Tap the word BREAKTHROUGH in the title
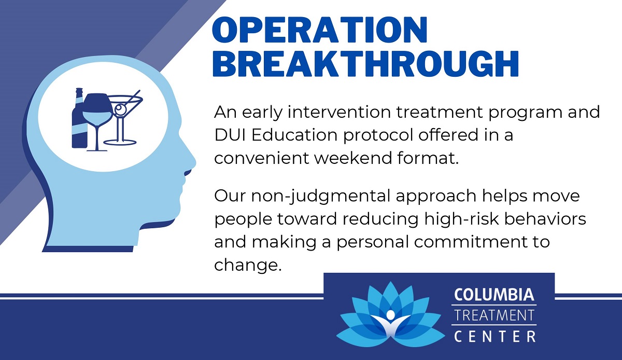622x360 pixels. [366, 64]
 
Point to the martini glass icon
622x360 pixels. [122, 117]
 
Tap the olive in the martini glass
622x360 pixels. [121, 108]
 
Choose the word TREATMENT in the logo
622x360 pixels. [494, 315]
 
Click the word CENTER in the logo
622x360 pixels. [494, 337]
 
